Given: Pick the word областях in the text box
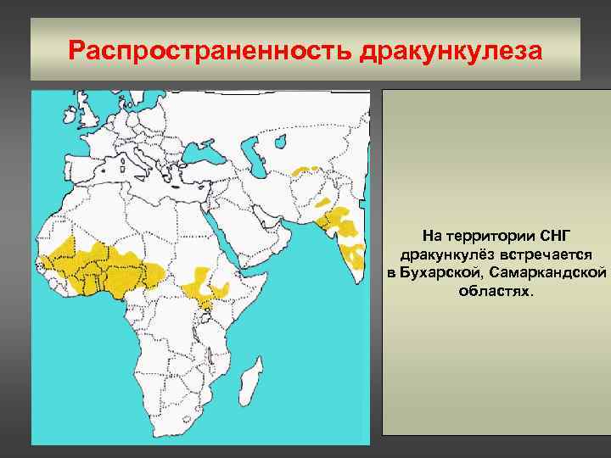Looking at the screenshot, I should coord(496,291).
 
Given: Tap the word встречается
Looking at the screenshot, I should coord(538,254).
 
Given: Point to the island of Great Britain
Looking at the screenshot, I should coord(87,114).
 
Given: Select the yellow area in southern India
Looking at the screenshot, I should coord(354,254).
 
